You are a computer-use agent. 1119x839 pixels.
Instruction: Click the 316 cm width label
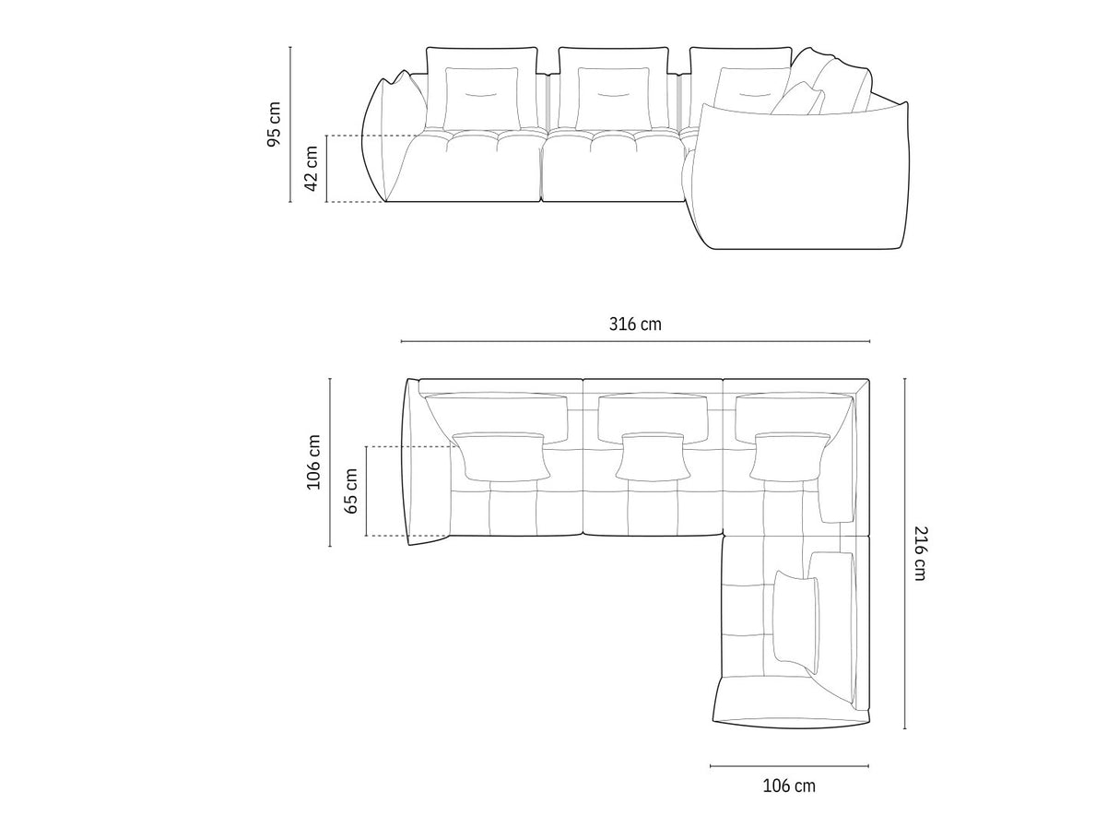635,324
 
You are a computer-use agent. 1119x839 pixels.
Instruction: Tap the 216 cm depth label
919,552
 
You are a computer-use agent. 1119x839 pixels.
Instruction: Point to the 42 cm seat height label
312,169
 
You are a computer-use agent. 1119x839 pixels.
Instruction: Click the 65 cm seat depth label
350,490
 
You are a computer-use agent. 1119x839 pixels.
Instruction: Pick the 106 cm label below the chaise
789,786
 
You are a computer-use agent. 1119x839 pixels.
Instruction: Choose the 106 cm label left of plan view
314,462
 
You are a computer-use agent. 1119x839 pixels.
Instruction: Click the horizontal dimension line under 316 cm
635,342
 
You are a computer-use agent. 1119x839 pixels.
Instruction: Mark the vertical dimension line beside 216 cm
904,553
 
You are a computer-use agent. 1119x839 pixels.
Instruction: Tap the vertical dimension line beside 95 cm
290,124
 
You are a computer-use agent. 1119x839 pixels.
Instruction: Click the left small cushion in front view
481,98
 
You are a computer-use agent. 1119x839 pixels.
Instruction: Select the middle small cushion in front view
613,98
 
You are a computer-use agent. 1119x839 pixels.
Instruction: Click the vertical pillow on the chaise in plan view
795,617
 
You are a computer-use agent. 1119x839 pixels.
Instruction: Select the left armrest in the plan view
413,461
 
